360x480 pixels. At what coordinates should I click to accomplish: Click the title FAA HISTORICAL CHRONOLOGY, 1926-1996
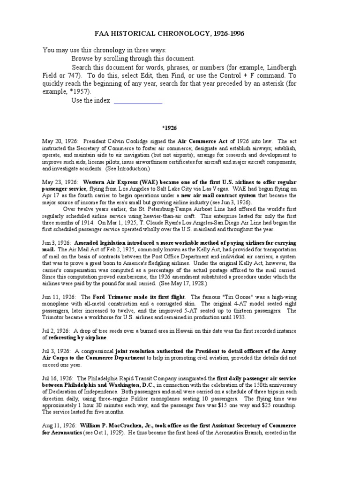[x=180, y=34]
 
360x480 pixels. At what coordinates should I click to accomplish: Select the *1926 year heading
[x=180, y=127]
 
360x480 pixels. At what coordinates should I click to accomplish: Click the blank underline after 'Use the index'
[x=138, y=100]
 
